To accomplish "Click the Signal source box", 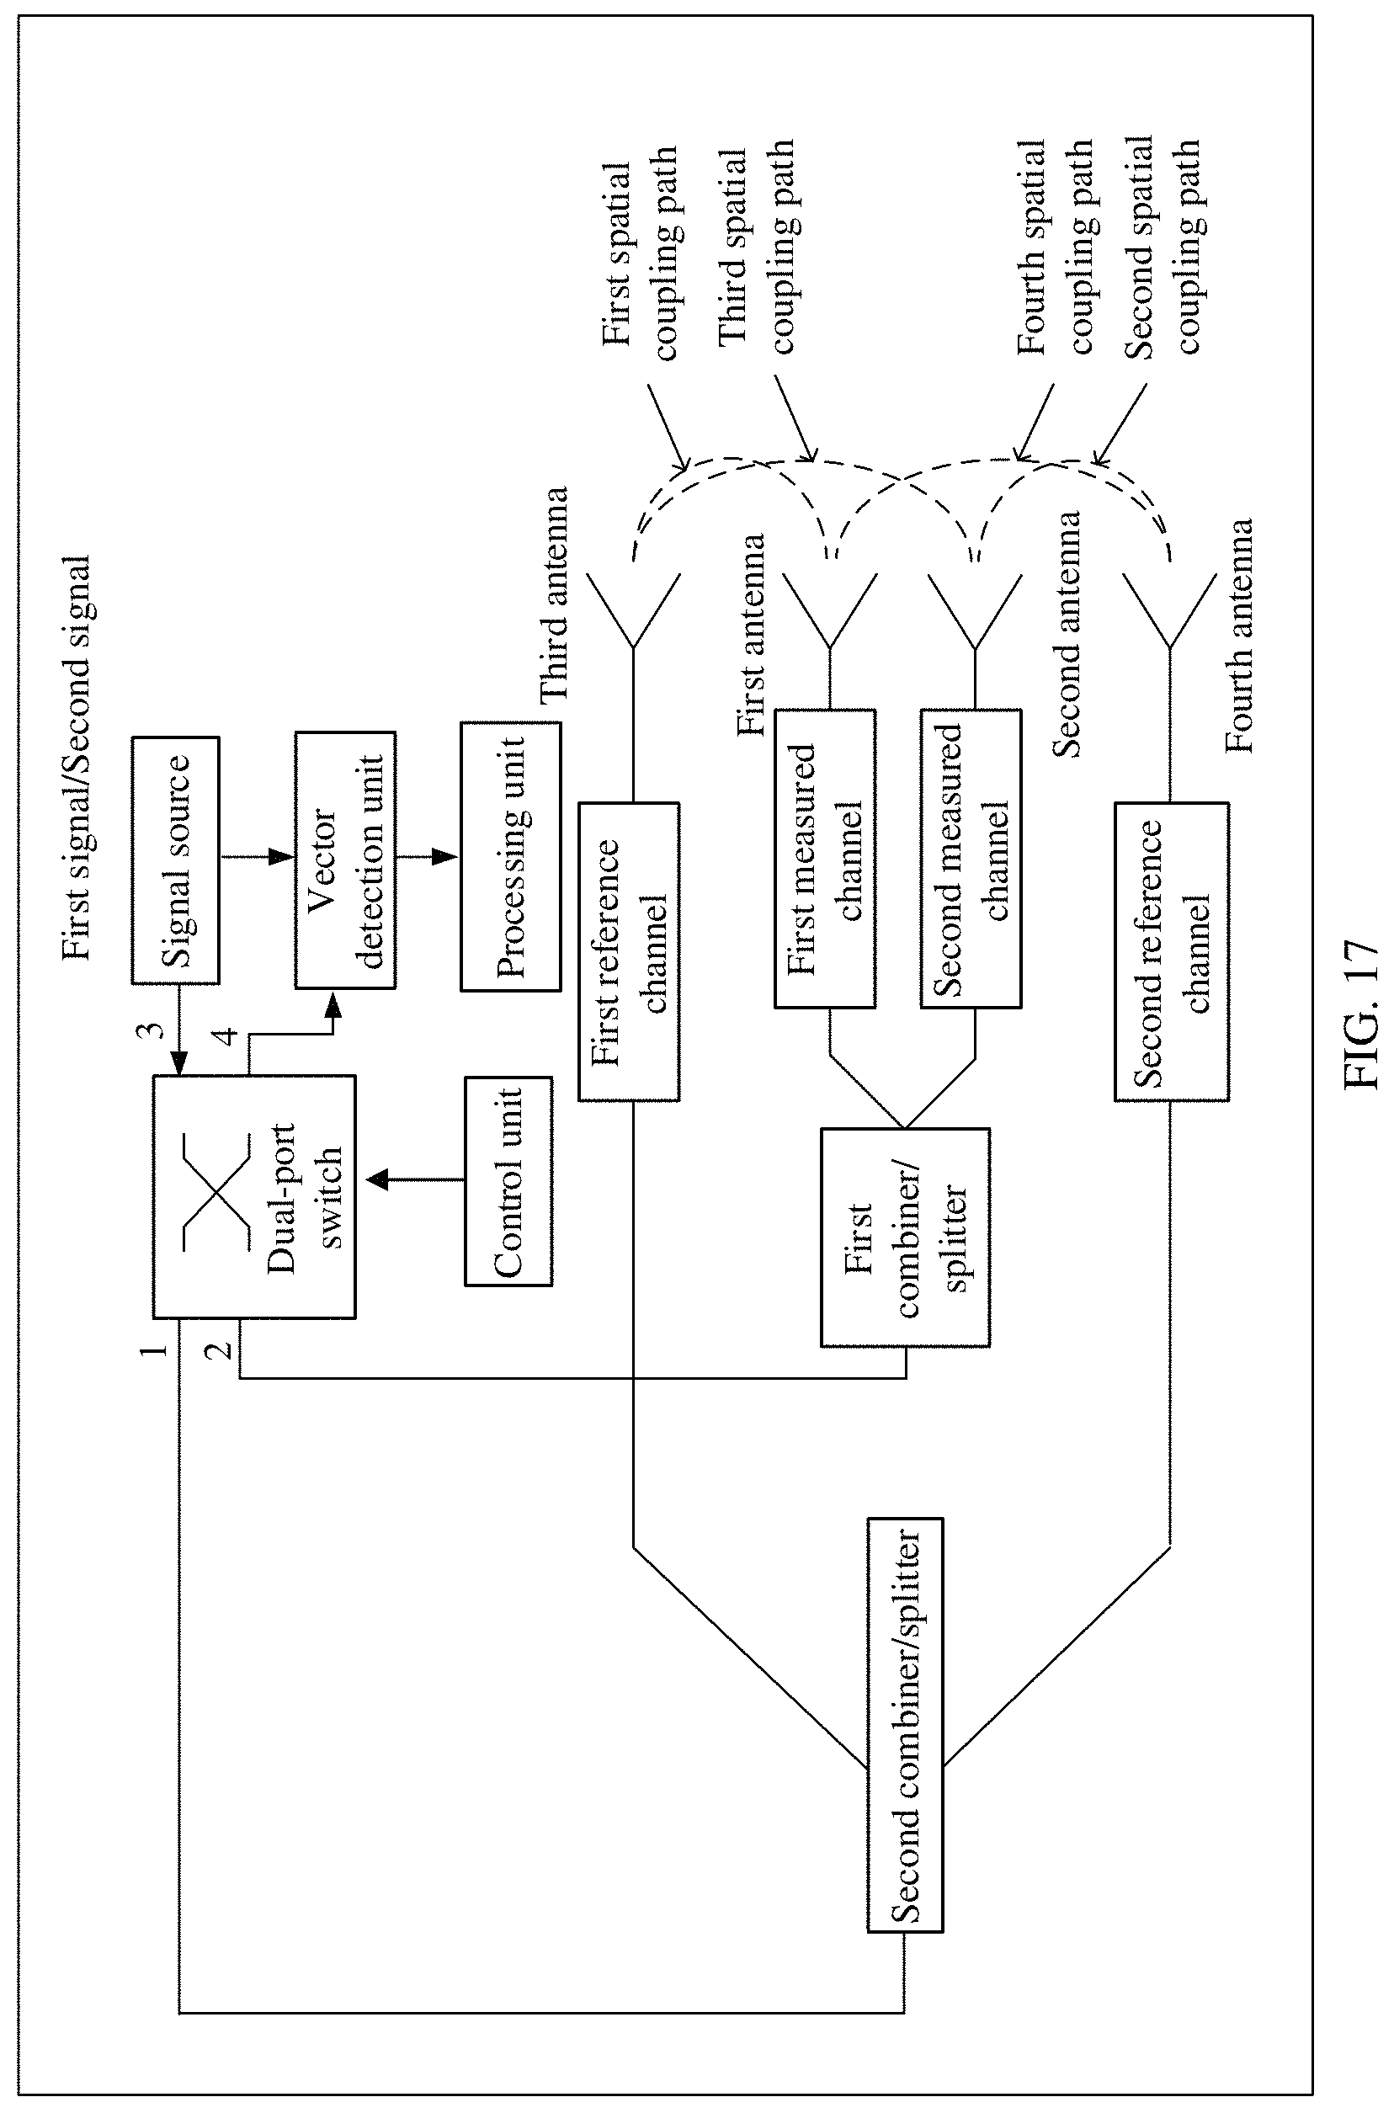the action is (x=175, y=860).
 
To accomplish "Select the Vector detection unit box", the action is (x=345, y=860).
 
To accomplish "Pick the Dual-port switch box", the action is (x=254, y=1195).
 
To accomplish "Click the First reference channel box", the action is (x=629, y=952).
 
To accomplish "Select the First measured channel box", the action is (x=825, y=858).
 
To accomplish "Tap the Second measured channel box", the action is (x=971, y=858).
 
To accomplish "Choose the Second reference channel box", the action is (x=1172, y=952).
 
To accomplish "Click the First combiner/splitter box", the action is (x=905, y=1237).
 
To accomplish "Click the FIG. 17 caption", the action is (x=1360, y=1015).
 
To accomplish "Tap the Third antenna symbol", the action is (x=633, y=611).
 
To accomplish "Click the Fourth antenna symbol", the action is (x=1170, y=611).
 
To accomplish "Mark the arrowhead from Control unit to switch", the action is (x=378, y=1179).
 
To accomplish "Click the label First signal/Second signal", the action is (x=76, y=758).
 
